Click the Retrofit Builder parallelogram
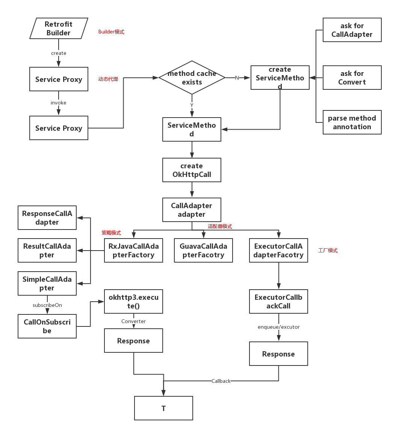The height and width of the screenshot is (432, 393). point(59,28)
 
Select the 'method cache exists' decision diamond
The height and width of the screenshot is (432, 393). point(192,78)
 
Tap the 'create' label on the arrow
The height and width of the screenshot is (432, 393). point(59,53)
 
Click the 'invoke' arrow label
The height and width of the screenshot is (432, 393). point(59,103)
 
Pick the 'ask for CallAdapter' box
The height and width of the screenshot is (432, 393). point(352,30)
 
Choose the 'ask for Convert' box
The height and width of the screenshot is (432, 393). point(352,78)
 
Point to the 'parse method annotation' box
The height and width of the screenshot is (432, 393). point(352,122)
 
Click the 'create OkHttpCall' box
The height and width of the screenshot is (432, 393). point(192,170)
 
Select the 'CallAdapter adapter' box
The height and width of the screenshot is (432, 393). point(192,210)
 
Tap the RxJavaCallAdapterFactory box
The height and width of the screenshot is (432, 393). point(133,251)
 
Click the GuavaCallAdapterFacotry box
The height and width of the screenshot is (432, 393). point(203,251)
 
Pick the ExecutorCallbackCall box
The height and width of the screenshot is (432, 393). point(278,302)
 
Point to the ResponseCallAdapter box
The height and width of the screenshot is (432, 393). point(47,218)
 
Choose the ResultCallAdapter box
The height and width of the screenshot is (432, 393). point(47,251)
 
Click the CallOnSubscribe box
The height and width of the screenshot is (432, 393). point(47,326)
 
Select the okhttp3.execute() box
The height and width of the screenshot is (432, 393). point(133,302)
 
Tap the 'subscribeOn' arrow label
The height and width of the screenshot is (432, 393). point(47,305)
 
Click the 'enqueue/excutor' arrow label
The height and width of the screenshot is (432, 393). point(279,327)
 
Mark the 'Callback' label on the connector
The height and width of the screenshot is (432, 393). point(221,381)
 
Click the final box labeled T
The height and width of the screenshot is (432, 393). point(163,408)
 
